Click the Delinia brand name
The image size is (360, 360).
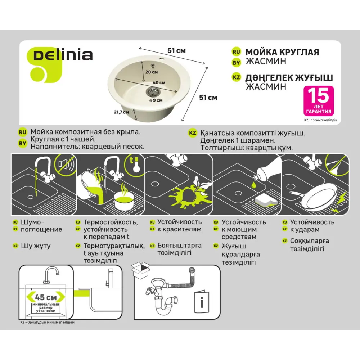(63, 55)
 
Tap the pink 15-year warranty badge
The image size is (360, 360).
(318, 100)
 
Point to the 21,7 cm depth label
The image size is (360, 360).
(121, 112)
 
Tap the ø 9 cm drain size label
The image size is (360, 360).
(156, 100)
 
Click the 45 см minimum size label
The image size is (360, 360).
(46, 297)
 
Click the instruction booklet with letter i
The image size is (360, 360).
(202, 302)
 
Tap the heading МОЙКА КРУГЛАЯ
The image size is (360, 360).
(282, 52)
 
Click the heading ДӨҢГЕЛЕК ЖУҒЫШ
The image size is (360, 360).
(289, 78)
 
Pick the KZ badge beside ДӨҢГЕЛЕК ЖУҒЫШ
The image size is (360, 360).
(236, 77)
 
